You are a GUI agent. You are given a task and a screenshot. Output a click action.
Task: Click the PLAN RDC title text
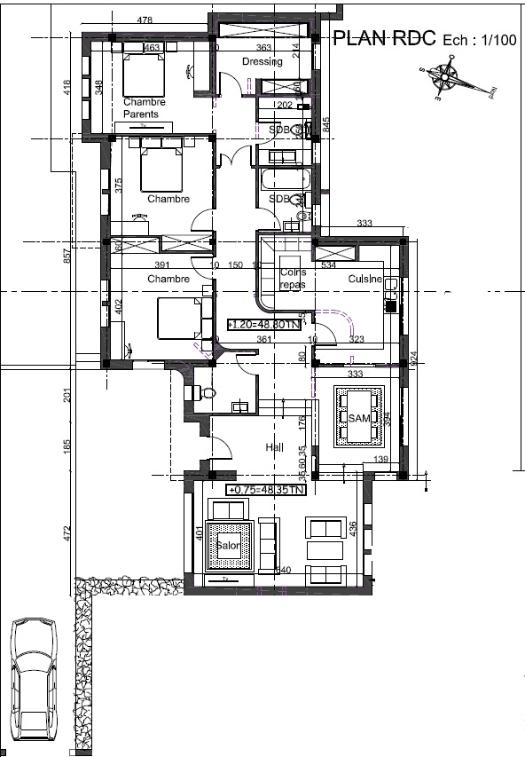pyautogui.click(x=383, y=38)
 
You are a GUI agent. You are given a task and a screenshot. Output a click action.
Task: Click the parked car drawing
pyautogui.click(x=31, y=678)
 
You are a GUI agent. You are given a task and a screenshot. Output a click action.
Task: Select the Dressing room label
pyautogui.click(x=262, y=61)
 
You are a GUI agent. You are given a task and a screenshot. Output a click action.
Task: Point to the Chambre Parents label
pyautogui.click(x=144, y=108)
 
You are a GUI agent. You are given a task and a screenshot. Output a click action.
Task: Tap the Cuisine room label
pyautogui.click(x=364, y=279)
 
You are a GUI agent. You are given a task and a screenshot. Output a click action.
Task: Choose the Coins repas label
pyautogui.click(x=292, y=280)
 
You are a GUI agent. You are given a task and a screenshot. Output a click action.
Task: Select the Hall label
pyautogui.click(x=274, y=448)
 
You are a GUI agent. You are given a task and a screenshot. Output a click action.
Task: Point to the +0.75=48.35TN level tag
pyautogui.click(x=266, y=489)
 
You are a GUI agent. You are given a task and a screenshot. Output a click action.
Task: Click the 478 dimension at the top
pyautogui.click(x=145, y=20)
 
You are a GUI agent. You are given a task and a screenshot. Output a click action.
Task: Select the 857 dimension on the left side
pyautogui.click(x=67, y=256)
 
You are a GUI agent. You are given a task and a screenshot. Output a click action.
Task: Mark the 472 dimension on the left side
pyautogui.click(x=67, y=533)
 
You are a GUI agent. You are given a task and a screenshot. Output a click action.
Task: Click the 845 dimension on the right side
pyautogui.click(x=326, y=123)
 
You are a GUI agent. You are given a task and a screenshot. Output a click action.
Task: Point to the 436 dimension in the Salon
pyautogui.click(x=353, y=528)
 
